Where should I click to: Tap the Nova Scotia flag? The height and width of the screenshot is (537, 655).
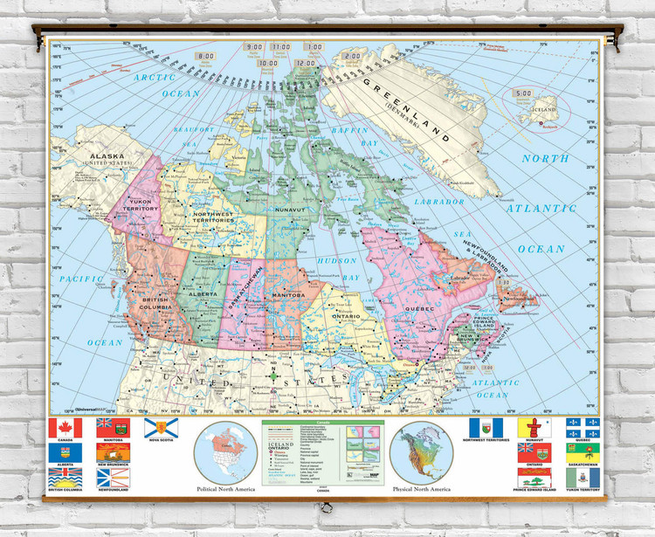click(x=155, y=428)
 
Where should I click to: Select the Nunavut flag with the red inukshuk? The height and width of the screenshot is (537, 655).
click(x=534, y=428)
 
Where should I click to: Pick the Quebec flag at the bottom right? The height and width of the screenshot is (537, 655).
click(x=583, y=428)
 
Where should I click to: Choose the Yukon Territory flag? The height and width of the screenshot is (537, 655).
click(x=583, y=478)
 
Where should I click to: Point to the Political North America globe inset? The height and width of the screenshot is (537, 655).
click(x=224, y=451)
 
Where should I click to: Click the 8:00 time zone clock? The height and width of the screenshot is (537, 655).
click(x=206, y=56)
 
